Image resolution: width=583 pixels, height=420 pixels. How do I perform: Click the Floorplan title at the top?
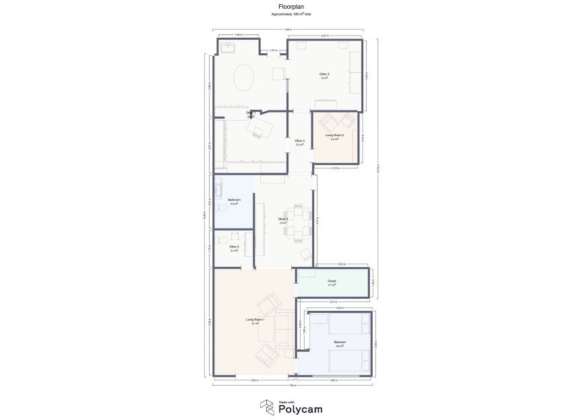point(291,7)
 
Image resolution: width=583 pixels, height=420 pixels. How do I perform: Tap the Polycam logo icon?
point(267,407)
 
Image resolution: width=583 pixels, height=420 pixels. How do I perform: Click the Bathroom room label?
point(234,200)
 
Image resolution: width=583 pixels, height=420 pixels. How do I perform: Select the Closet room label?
point(332,280)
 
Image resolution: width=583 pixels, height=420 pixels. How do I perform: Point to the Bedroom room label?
point(340,342)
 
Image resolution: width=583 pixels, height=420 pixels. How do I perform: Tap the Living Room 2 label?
point(335,136)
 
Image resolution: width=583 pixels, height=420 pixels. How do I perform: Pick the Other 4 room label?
point(300,140)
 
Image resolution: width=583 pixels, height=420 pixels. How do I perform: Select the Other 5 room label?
point(234,247)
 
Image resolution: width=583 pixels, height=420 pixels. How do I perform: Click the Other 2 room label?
point(283,219)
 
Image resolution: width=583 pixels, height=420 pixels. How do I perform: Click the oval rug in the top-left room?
point(244,77)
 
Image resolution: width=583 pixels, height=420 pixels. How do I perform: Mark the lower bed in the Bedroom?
point(348,361)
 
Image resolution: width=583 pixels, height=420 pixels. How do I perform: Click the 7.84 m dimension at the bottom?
point(291,386)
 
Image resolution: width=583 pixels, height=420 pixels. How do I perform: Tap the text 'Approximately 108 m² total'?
point(291,13)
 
